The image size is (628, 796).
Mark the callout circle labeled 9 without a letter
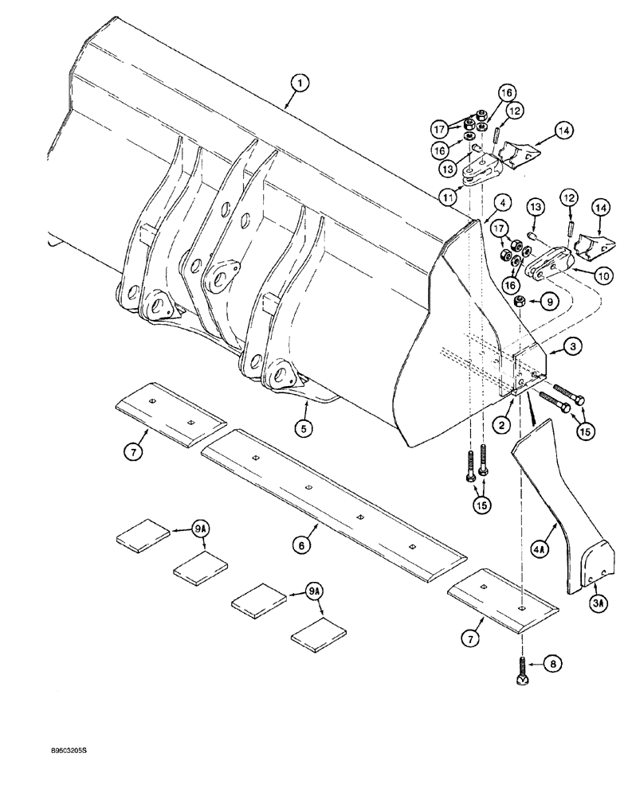tap(548, 302)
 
